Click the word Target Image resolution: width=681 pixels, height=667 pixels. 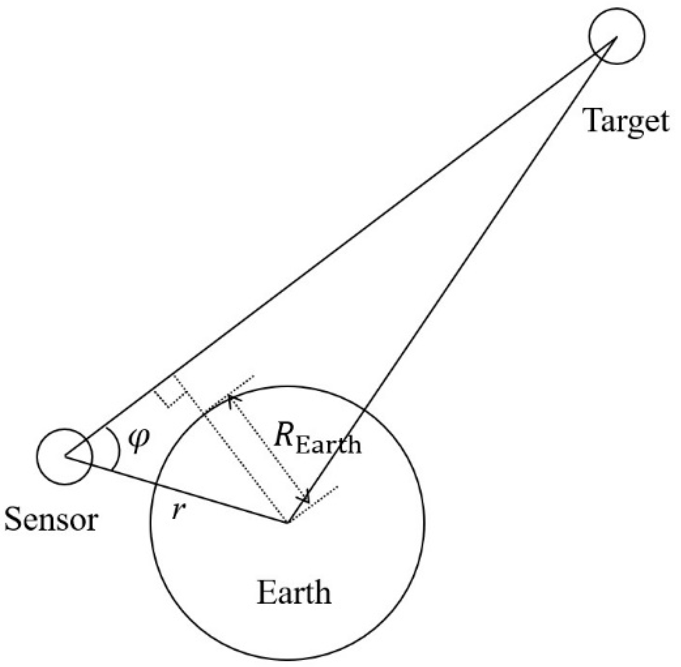point(625,121)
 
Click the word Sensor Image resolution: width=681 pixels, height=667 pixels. point(51,520)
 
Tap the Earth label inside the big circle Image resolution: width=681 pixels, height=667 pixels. point(294,593)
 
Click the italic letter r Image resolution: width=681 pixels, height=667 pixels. point(178,512)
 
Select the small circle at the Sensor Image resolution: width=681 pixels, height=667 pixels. point(64,456)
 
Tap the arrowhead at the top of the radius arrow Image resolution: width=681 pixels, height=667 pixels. point(231,398)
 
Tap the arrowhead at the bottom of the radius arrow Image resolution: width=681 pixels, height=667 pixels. point(305,498)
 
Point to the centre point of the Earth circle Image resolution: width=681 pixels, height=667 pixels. point(287,521)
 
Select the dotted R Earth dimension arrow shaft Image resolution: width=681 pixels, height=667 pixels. point(268,448)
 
